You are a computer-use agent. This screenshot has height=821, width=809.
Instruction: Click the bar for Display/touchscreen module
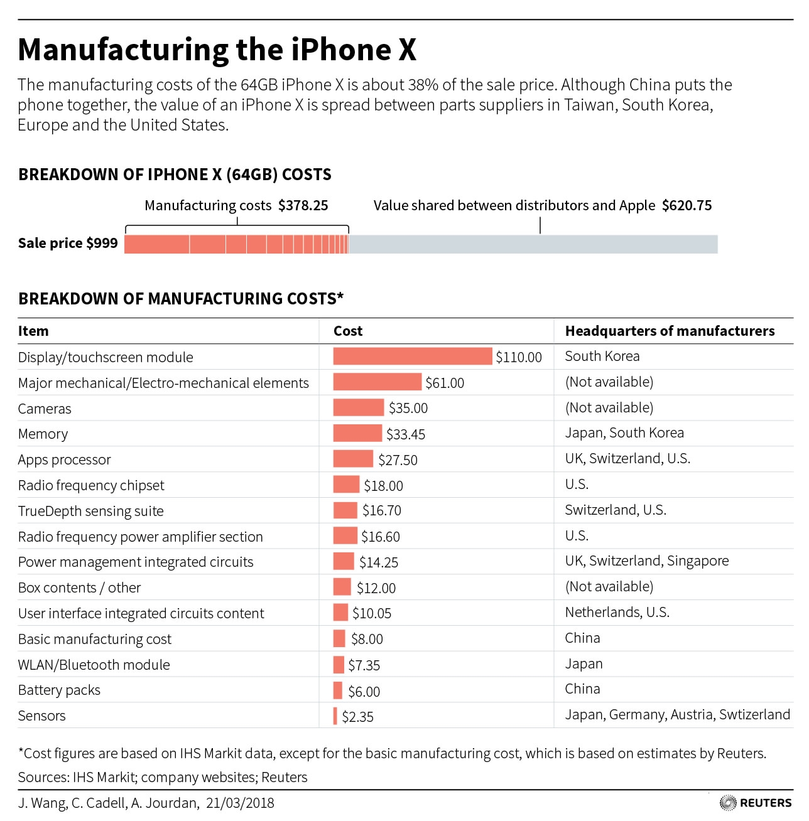pyautogui.click(x=412, y=357)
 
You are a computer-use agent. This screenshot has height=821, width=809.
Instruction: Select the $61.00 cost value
pyautogui.click(x=445, y=383)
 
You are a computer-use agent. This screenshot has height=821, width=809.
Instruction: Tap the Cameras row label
pyautogui.click(x=45, y=409)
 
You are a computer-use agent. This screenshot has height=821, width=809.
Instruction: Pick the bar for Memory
pyautogui.click(x=357, y=433)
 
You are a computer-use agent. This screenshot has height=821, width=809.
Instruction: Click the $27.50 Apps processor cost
pyautogui.click(x=398, y=460)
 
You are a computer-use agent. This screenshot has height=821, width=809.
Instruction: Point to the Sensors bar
pyautogui.click(x=335, y=716)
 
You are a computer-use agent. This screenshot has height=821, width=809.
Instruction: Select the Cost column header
pyautogui.click(x=348, y=331)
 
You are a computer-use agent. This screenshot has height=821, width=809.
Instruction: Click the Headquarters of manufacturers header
pyautogui.click(x=670, y=331)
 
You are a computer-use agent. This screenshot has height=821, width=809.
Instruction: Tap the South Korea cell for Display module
pyautogui.click(x=602, y=357)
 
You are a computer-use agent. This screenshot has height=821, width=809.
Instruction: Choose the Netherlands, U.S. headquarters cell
pyautogui.click(x=617, y=613)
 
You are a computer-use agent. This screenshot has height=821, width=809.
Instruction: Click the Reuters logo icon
pyautogui.click(x=728, y=803)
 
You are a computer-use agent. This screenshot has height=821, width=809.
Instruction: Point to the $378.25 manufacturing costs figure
pyautogui.click(x=303, y=206)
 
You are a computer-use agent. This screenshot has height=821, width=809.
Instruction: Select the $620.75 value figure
pyautogui.click(x=687, y=206)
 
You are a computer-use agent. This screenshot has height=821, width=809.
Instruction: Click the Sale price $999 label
pyautogui.click(x=68, y=244)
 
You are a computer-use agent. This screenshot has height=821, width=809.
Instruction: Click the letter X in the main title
pyautogui.click(x=407, y=50)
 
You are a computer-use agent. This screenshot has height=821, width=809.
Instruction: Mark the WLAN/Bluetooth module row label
pyautogui.click(x=94, y=665)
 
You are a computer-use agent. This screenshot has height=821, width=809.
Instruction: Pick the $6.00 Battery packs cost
pyautogui.click(x=364, y=692)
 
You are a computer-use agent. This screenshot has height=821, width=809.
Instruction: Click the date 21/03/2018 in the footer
pyautogui.click(x=240, y=803)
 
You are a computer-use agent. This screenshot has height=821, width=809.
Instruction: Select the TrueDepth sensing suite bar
pyautogui.click(x=345, y=510)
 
